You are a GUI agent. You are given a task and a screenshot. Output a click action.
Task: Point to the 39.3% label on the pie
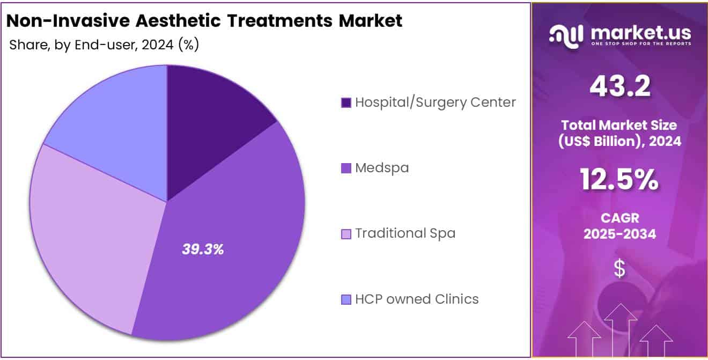click(x=203, y=249)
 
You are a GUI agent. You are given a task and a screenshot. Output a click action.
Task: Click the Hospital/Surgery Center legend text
click(x=435, y=102)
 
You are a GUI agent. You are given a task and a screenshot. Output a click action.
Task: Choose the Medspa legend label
click(x=381, y=168)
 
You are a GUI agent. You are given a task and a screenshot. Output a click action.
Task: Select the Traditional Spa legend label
click(x=405, y=233)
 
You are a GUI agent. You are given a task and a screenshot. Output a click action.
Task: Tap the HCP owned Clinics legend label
click(x=417, y=299)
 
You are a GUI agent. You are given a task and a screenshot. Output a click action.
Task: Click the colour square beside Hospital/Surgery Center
click(x=346, y=102)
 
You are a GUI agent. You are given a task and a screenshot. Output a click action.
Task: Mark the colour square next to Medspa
click(x=346, y=168)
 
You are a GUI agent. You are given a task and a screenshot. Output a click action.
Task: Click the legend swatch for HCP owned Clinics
click(x=346, y=299)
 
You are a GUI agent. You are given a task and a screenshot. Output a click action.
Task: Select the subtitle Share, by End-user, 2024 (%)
click(x=104, y=45)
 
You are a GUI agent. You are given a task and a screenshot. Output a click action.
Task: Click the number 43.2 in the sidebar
click(x=619, y=86)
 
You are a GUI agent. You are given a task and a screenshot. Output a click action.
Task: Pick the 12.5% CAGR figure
click(x=619, y=180)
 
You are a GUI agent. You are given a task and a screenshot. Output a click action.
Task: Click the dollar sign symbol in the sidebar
click(x=619, y=268)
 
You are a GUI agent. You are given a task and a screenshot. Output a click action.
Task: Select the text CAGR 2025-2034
click(x=619, y=226)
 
